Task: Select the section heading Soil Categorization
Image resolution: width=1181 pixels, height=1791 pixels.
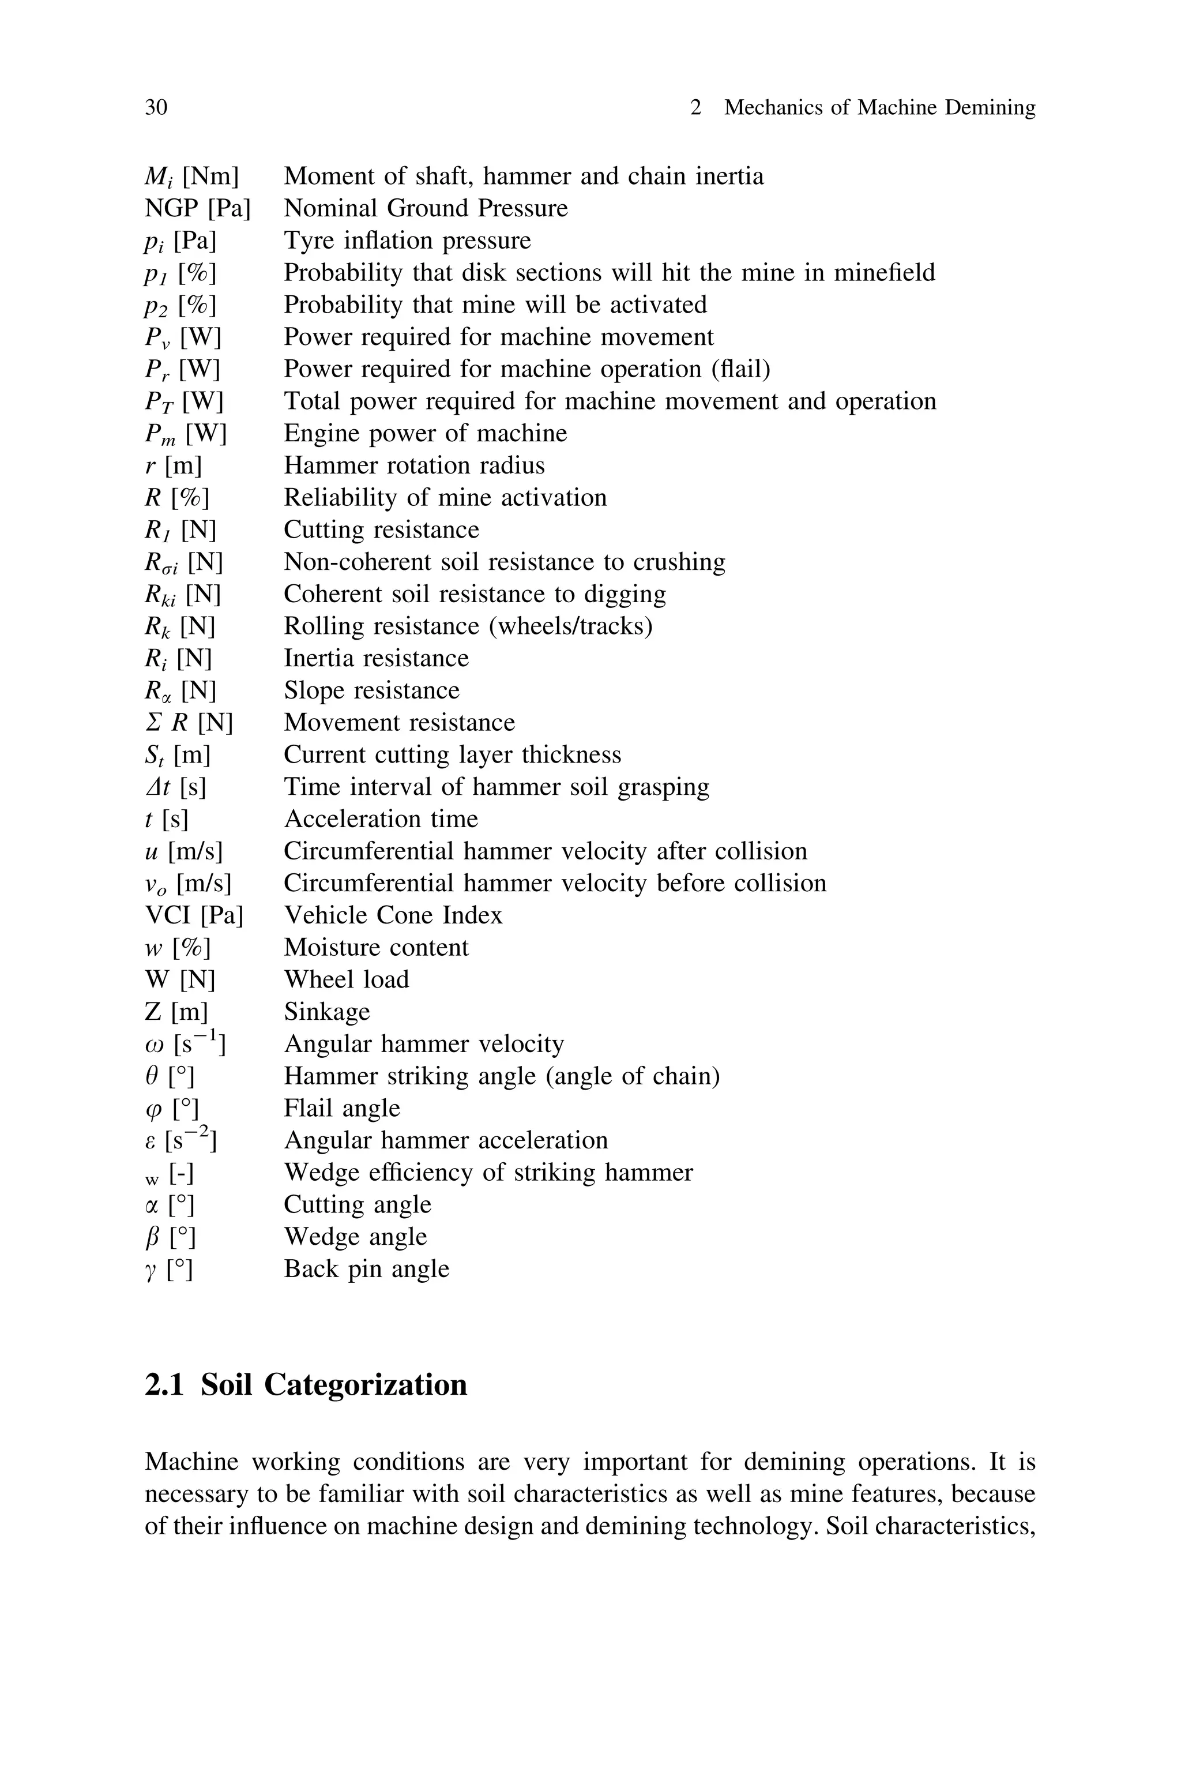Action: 334,1384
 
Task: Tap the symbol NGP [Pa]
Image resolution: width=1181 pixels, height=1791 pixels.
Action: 197,208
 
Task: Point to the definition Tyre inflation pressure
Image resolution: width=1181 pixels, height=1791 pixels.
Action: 407,241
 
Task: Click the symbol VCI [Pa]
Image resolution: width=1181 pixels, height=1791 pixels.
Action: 194,915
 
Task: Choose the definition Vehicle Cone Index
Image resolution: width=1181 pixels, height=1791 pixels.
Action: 392,915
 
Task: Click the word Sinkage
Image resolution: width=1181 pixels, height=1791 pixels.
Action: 327,1012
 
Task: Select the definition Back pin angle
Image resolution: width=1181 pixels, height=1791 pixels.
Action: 366,1269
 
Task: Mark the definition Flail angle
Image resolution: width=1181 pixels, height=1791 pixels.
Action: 341,1108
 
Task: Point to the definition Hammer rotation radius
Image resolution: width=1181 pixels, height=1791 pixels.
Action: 413,465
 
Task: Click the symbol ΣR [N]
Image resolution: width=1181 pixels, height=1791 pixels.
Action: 189,723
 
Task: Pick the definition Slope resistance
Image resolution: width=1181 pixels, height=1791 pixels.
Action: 371,690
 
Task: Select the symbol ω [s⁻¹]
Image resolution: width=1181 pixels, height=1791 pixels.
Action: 185,1044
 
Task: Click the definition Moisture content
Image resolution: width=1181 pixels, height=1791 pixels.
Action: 376,948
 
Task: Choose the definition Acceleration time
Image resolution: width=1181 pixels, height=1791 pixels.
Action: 381,818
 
